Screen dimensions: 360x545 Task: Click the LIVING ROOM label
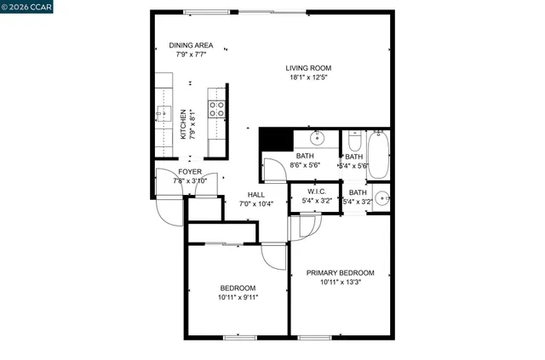[308, 68]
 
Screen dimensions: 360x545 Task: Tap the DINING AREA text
[191, 46]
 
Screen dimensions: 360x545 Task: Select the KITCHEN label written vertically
[182, 125]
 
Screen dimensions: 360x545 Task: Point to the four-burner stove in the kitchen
[217, 108]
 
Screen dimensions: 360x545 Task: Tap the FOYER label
[190, 171]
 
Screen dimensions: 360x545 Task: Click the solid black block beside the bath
[272, 139]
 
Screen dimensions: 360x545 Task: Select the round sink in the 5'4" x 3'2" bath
[381, 201]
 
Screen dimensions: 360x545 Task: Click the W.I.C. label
[317, 191]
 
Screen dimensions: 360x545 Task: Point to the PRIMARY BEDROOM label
[341, 272]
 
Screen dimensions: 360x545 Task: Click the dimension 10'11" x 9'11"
[239, 297]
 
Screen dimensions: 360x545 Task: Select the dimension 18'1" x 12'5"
[308, 78]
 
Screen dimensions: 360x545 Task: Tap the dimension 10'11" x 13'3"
[341, 283]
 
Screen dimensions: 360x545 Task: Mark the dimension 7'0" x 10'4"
[255, 204]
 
